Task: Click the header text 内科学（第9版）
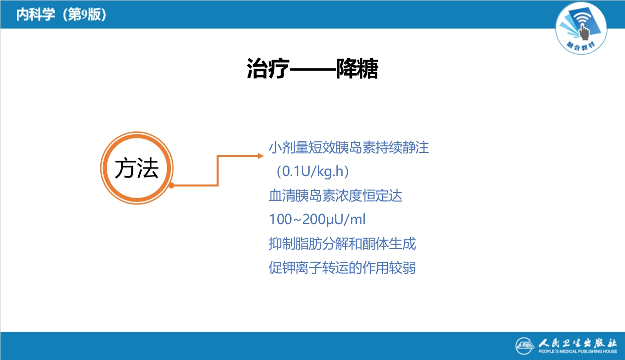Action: (61, 15)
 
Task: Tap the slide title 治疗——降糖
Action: (312, 69)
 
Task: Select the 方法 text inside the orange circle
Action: (136, 168)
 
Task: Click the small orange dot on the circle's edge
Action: (171, 186)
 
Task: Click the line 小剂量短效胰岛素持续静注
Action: (349, 148)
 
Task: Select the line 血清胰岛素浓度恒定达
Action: (335, 196)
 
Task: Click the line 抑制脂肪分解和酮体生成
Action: (342, 244)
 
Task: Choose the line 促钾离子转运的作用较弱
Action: (342, 268)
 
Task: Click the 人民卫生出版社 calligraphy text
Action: (578, 343)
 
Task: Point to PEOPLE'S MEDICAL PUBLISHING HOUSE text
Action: (578, 352)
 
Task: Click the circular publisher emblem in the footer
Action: (526, 346)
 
